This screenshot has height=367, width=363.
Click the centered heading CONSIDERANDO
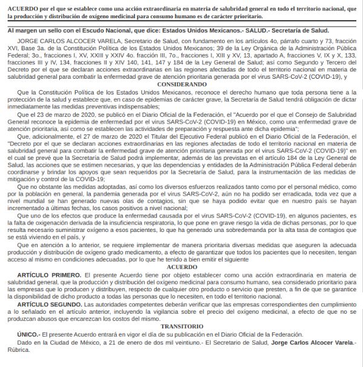pos(181,85)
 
